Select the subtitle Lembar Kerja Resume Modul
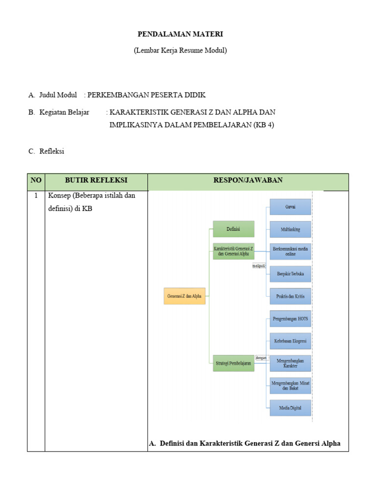[x=180, y=50]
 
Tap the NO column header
[x=36, y=180]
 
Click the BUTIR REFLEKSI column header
[x=96, y=180]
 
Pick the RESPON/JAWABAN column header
[x=248, y=180]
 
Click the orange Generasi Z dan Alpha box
[x=184, y=296]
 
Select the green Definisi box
[x=234, y=229]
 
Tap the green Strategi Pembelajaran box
[x=234, y=363]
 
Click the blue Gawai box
[x=290, y=207]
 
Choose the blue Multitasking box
[x=290, y=229]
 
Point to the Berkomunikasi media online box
[x=290, y=251]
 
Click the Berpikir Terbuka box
[x=290, y=274]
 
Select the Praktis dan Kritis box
[x=290, y=296]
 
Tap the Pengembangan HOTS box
[x=290, y=319]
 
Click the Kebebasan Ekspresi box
[x=290, y=341]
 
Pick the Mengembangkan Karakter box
[x=290, y=363]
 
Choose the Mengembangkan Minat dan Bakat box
[x=290, y=385]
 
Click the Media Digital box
[x=290, y=408]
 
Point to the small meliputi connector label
[x=259, y=266]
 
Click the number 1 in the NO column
[x=36, y=196]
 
